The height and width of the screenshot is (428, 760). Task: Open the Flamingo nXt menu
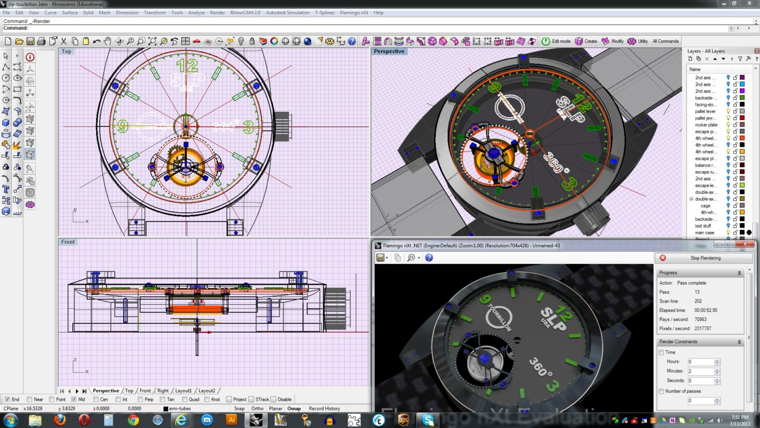(353, 12)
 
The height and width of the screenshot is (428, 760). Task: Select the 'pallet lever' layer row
(705, 111)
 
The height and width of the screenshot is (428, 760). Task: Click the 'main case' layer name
(705, 232)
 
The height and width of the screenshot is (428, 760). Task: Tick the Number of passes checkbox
(661, 391)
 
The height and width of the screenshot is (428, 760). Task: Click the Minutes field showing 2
(700, 372)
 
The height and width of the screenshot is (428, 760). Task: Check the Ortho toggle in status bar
(257, 408)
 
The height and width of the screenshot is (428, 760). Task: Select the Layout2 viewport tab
(206, 391)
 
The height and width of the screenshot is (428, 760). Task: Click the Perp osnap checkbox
(141, 399)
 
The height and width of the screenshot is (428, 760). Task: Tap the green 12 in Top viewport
(187, 66)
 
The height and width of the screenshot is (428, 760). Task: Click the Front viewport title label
(68, 242)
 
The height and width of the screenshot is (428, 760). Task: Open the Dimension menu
(127, 12)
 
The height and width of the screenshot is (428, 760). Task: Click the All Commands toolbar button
(665, 41)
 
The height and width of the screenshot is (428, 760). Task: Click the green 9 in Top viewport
(123, 127)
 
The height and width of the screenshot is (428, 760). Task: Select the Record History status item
(324, 408)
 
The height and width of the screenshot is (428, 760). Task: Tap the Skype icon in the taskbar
(428, 420)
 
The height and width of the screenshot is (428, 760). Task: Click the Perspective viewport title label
(389, 51)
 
